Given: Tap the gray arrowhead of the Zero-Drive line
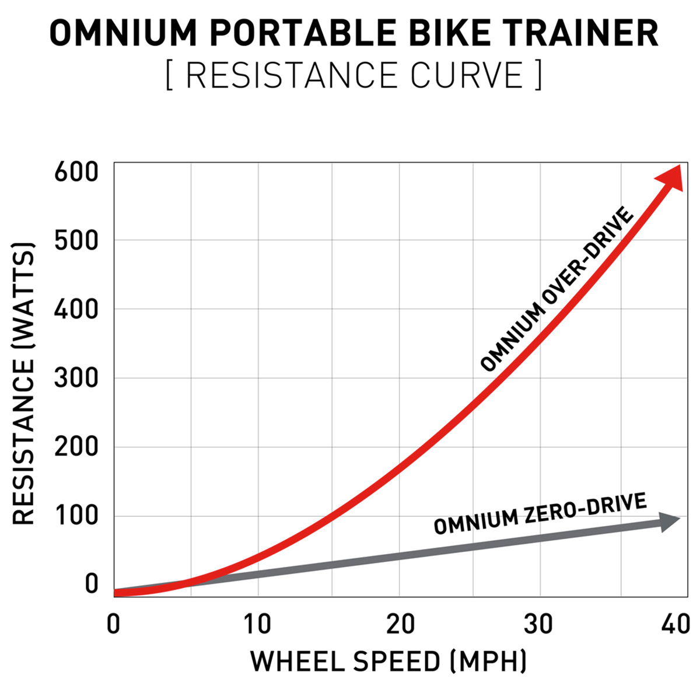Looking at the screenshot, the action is (669, 522).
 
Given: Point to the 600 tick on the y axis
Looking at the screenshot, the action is (76, 172).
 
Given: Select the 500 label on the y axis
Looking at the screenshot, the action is (76, 240).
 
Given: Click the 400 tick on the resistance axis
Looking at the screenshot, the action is (76, 309).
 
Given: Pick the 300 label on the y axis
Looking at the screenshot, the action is (76, 378).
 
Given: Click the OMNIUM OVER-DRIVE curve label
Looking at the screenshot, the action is (557, 289).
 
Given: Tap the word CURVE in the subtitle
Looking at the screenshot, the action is (467, 75).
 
